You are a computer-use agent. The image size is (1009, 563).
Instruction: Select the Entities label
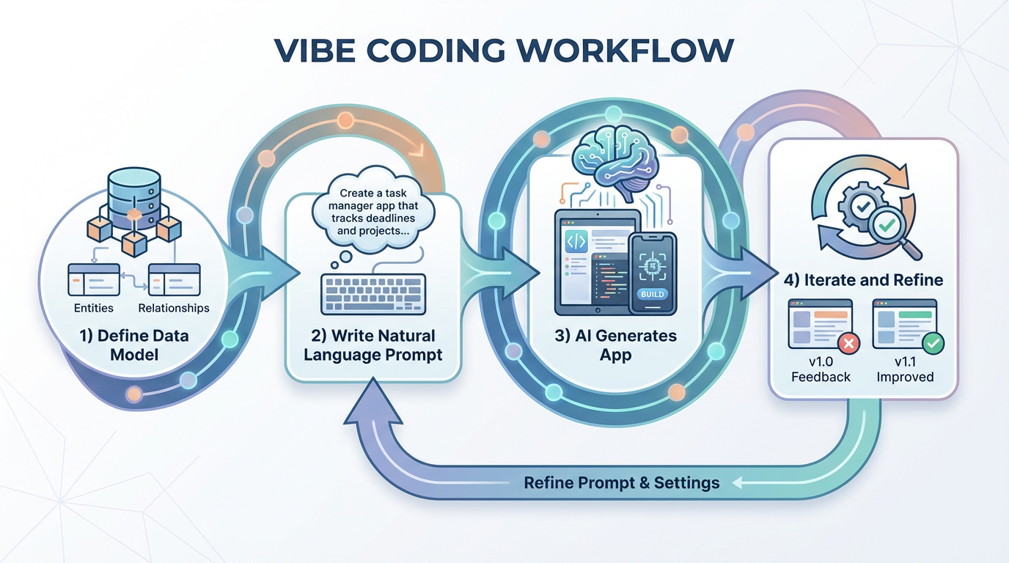94,308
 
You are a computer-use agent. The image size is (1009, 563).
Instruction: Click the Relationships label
174,308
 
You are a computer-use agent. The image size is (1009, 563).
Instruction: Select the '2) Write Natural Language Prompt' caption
373,345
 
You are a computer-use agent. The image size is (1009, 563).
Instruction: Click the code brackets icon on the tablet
576,241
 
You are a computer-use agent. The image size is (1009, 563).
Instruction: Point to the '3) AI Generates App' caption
616,345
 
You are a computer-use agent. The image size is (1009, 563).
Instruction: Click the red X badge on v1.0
848,343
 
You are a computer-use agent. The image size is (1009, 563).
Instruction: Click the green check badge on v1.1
933,342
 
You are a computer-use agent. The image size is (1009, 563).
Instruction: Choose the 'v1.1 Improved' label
905,369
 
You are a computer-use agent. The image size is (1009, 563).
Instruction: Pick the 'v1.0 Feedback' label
821,369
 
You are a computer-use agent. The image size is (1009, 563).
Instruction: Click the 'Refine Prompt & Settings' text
621,482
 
